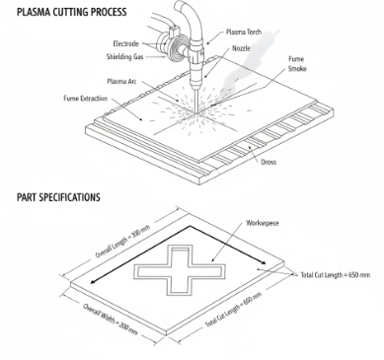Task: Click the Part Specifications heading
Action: coord(57,197)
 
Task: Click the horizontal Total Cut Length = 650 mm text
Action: coord(336,275)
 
